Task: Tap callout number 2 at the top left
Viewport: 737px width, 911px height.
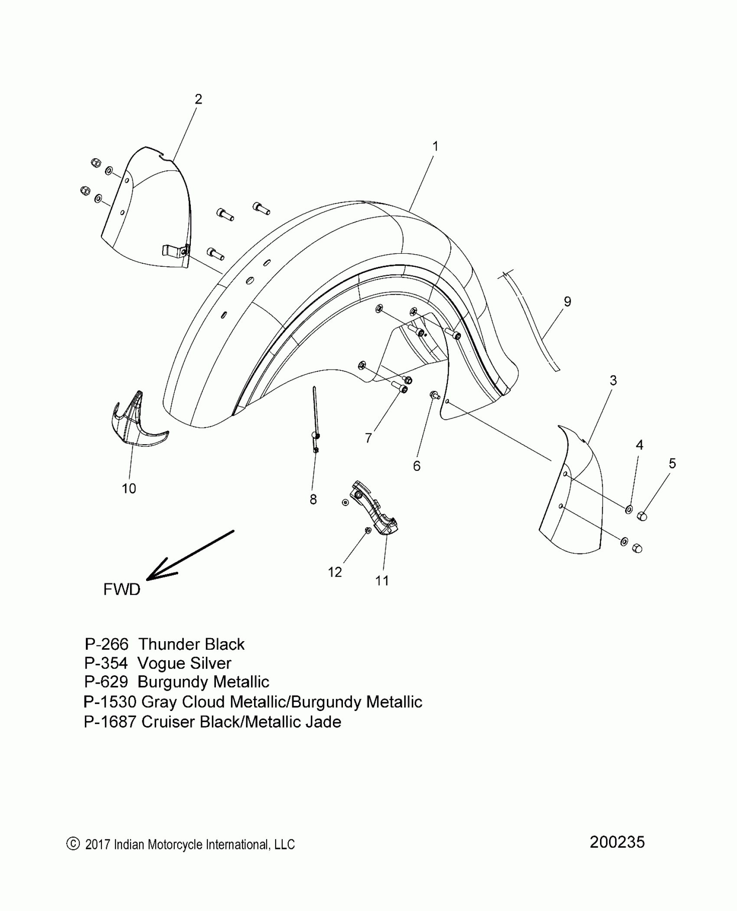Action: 198,99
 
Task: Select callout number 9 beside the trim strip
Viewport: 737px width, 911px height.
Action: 567,301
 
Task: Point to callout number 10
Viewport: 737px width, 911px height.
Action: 129,488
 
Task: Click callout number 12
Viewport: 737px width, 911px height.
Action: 335,572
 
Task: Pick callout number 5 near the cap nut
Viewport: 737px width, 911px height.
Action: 672,463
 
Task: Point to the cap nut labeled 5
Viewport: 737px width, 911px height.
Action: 642,516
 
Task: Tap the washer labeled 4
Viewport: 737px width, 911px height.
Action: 628,509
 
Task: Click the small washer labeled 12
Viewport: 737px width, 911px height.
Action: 368,530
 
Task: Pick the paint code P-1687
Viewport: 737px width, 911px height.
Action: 110,722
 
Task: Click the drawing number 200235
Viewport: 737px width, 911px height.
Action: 617,842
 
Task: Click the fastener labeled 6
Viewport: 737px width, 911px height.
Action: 434,395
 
